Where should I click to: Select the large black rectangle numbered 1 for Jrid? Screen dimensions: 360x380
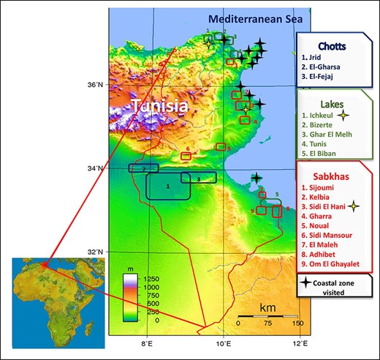click(168, 186)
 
